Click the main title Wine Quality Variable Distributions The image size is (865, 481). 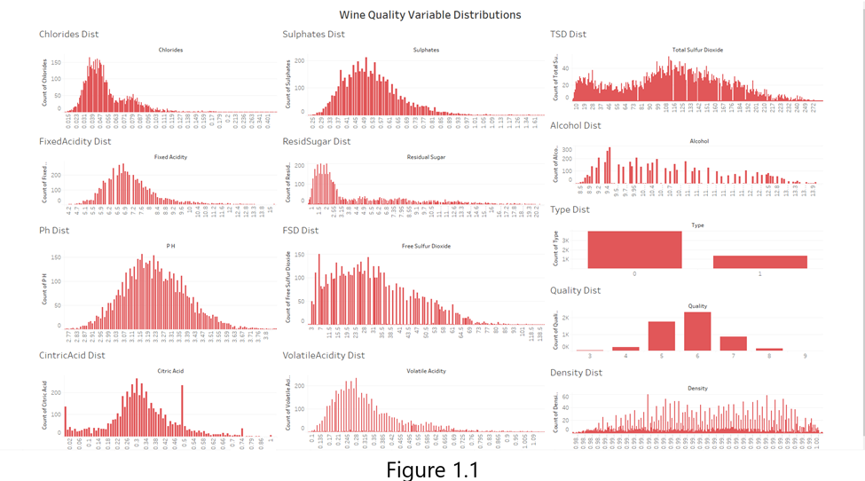[429, 15]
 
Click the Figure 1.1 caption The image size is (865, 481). [432, 469]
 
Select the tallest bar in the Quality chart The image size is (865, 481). [697, 332]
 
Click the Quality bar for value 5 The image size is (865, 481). [662, 336]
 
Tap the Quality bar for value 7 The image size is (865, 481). [733, 343]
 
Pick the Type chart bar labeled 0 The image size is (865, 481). [635, 249]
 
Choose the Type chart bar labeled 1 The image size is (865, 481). [760, 261]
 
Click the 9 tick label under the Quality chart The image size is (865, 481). [805, 355]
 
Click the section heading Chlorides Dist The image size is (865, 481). [69, 35]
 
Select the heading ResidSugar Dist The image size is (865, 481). [317, 141]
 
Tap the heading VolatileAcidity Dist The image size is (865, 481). [324, 355]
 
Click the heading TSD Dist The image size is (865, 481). [569, 35]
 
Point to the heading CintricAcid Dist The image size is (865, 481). [72, 355]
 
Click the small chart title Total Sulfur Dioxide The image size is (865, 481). [697, 51]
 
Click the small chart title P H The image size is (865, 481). [170, 246]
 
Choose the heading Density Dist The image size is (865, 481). [576, 373]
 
